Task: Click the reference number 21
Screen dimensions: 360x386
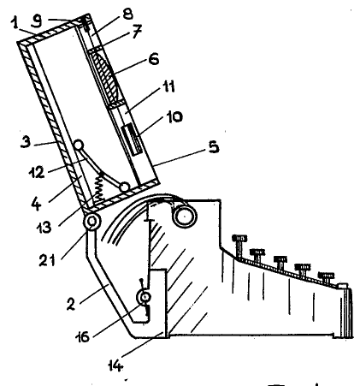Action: (x=47, y=260)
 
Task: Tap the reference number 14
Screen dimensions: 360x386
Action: (x=116, y=365)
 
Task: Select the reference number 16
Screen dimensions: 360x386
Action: (x=83, y=336)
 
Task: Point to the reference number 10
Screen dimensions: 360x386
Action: (x=174, y=116)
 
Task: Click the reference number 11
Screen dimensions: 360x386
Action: (x=168, y=86)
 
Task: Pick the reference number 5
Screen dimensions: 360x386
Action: (x=213, y=146)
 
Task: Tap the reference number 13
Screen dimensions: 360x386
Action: (x=44, y=228)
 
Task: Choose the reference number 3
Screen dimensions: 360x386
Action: (x=25, y=141)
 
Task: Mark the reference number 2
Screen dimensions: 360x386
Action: (x=71, y=304)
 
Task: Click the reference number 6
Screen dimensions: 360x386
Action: (x=153, y=59)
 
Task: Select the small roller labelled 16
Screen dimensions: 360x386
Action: (x=145, y=298)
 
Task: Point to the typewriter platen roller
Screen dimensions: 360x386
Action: (x=185, y=216)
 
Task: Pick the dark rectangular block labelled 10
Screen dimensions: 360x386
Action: (x=131, y=140)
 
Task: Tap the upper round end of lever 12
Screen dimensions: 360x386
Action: (x=79, y=145)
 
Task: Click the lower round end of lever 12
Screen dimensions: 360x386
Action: (x=124, y=187)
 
